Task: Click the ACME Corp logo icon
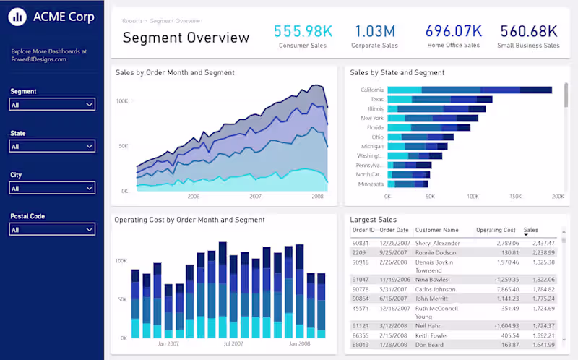point(18,17)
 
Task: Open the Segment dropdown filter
point(52,105)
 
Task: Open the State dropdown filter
point(52,146)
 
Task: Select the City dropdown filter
point(52,188)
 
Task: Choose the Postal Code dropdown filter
point(52,229)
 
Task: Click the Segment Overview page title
point(186,38)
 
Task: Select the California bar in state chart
point(470,90)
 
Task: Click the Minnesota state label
point(370,184)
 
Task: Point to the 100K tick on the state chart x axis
point(473,196)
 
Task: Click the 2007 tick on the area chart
point(255,196)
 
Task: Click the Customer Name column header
point(436,230)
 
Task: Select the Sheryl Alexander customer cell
point(437,243)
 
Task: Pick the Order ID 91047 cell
point(361,278)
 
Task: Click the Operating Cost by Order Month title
point(190,220)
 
